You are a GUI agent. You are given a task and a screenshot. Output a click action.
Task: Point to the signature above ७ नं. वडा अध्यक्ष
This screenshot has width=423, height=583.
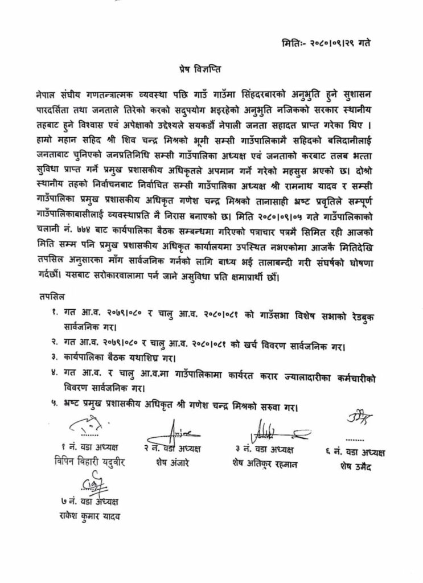click(x=92, y=484)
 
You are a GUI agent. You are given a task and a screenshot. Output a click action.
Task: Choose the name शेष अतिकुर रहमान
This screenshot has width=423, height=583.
click(x=267, y=463)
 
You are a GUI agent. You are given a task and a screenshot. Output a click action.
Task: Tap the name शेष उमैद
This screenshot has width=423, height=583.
click(x=359, y=466)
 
